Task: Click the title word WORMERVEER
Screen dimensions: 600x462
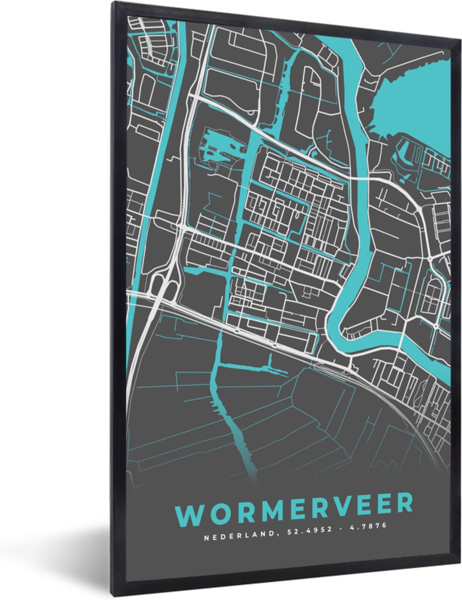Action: [x=294, y=504]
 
